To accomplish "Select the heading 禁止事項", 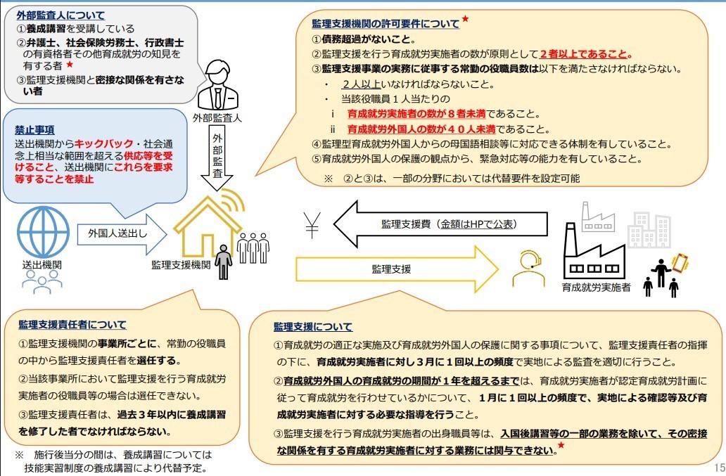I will pyautogui.click(x=35, y=129).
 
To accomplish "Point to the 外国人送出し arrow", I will pyautogui.click(x=116, y=231).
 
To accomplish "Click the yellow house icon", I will pyautogui.click(x=208, y=224).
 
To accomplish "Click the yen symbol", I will pyautogui.click(x=312, y=224).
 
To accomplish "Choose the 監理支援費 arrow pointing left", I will pyautogui.click(x=440, y=224).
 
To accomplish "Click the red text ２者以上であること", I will pyautogui.click(x=586, y=54).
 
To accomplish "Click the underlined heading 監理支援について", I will pyautogui.click(x=313, y=327).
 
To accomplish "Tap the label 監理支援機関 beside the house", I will pyautogui.click(x=181, y=264).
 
